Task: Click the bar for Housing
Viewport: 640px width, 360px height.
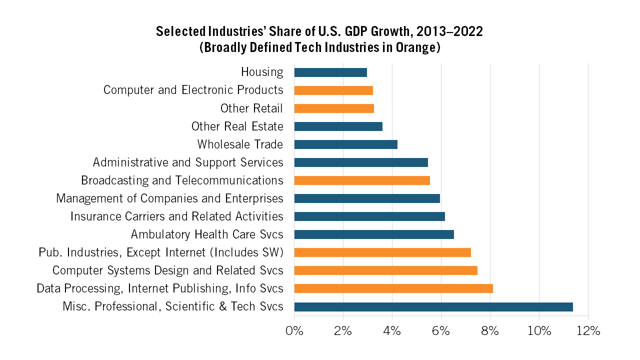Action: (x=330, y=72)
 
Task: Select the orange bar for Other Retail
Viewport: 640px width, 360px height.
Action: (x=334, y=108)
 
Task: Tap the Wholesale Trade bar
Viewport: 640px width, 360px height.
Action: (x=345, y=144)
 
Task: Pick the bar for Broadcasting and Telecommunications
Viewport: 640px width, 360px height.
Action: (x=362, y=180)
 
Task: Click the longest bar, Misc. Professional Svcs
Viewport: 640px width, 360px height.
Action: (x=433, y=306)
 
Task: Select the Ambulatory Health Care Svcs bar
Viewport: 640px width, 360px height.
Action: (x=374, y=234)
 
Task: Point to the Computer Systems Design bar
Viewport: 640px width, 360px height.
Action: (x=385, y=270)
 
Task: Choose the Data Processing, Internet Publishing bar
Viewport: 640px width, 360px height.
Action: (x=393, y=288)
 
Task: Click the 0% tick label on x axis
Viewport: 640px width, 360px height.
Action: (x=294, y=331)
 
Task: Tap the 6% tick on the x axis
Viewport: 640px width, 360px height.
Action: (x=441, y=331)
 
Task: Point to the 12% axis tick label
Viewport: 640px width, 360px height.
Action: (x=587, y=331)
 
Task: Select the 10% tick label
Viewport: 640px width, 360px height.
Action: (x=539, y=331)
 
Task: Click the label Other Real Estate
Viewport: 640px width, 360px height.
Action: (x=237, y=126)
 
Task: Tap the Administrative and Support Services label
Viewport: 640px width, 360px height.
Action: (x=188, y=162)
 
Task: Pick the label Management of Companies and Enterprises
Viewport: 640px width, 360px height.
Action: (x=169, y=198)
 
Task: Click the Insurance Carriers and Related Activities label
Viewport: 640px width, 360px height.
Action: (x=176, y=216)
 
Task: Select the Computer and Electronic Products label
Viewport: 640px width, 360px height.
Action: (x=193, y=90)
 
